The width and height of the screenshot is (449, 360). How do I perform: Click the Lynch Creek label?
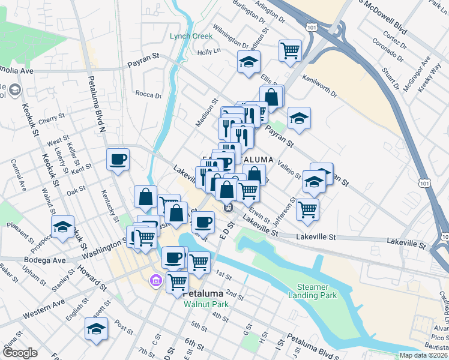click(191, 36)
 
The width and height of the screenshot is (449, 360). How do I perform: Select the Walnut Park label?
click(203, 303)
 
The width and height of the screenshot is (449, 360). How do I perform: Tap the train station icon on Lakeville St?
click(228, 207)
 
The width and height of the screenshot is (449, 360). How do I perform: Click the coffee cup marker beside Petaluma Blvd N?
click(118, 160)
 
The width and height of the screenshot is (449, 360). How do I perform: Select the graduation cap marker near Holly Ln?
click(247, 62)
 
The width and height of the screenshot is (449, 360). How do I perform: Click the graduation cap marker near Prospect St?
click(62, 227)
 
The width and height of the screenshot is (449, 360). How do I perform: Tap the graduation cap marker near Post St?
click(96, 328)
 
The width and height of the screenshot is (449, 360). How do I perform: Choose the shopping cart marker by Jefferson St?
click(307, 209)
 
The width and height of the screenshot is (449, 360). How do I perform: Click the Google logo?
click(20, 353)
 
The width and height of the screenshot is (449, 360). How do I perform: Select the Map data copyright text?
click(423, 355)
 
